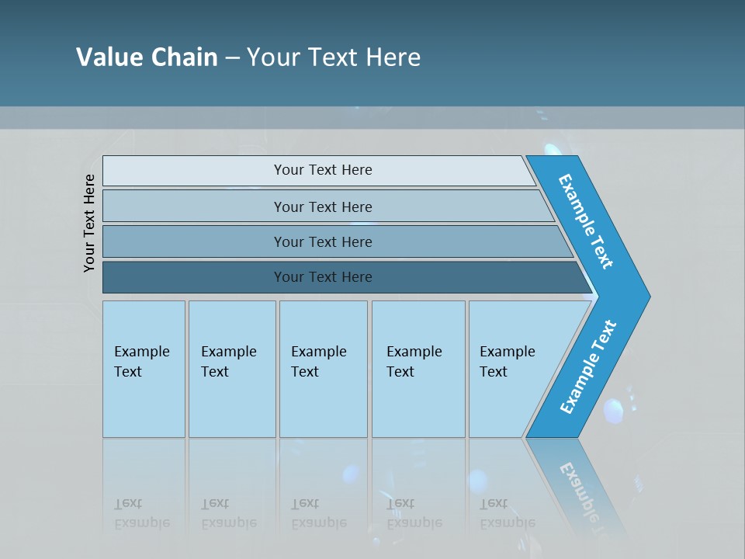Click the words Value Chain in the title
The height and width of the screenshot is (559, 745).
[x=147, y=57]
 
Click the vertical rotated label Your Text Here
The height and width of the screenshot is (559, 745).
[x=89, y=223]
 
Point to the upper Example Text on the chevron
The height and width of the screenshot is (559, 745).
[x=586, y=221]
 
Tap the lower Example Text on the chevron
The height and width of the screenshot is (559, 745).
[x=588, y=366]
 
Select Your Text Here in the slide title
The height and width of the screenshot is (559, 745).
[x=334, y=57]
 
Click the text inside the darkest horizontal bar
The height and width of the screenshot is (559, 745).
[x=323, y=277]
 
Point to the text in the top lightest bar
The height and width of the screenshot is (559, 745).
[x=323, y=170]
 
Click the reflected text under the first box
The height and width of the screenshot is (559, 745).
[x=141, y=514]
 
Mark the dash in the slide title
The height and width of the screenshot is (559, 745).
[x=232, y=58]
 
